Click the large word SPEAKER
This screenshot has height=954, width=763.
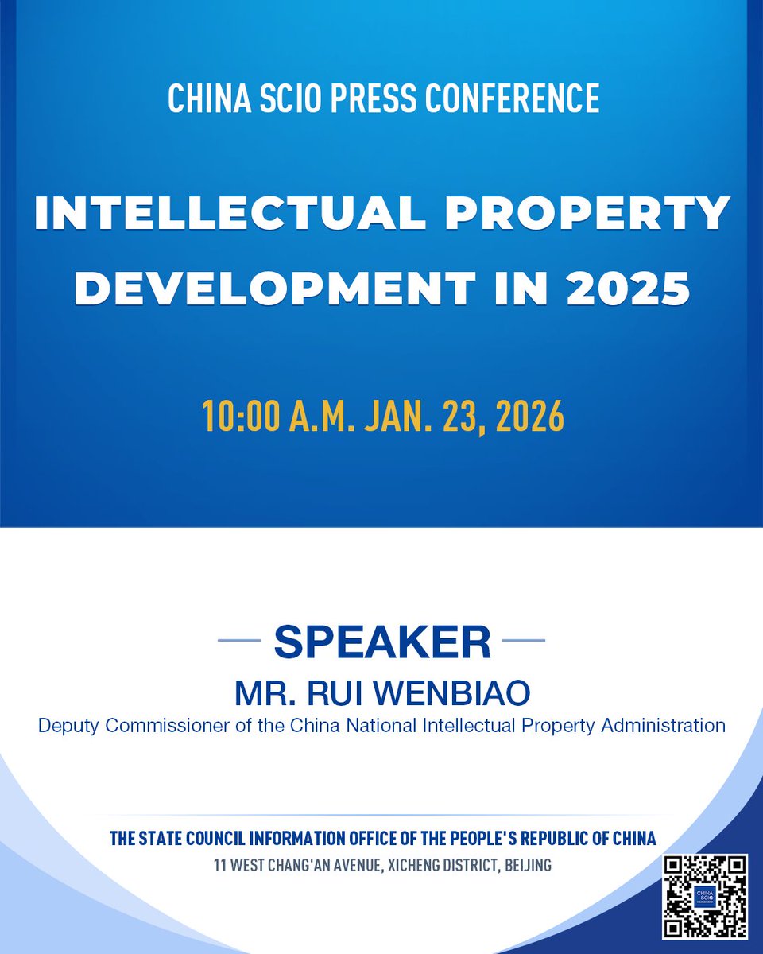pos(381,642)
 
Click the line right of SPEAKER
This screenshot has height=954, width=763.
pos(524,640)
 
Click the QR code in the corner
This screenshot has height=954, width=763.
pos(705,896)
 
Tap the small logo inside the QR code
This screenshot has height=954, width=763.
pos(705,896)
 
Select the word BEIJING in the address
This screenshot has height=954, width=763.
pos(521,865)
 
